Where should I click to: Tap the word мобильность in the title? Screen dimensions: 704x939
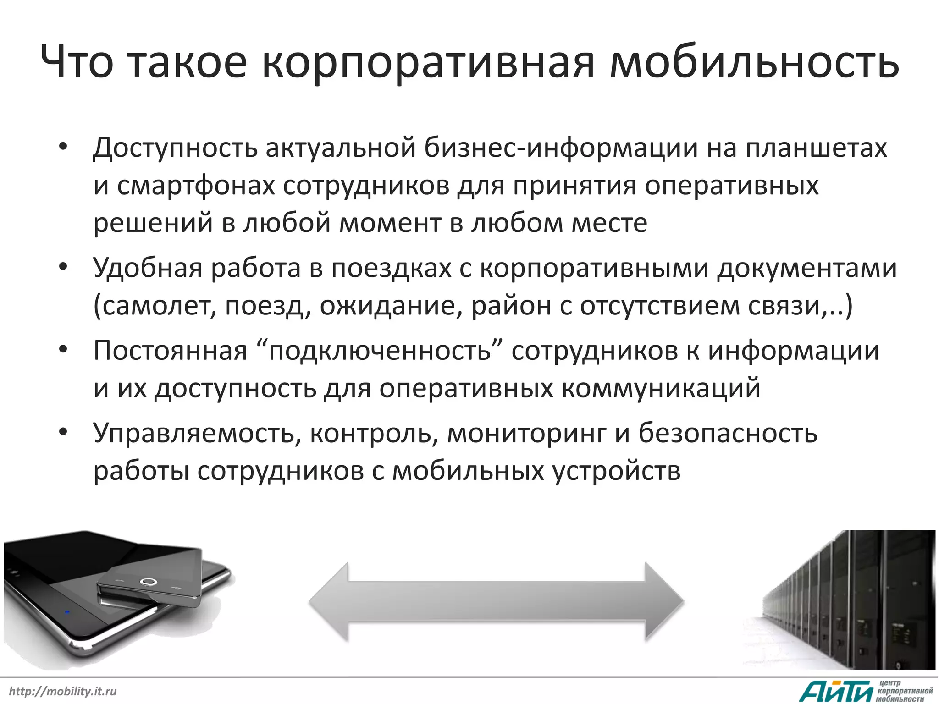(x=754, y=63)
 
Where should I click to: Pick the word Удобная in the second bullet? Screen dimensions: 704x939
(x=147, y=268)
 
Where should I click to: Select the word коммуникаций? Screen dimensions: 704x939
(x=661, y=388)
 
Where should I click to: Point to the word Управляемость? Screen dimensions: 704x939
(x=193, y=433)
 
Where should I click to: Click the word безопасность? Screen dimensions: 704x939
(x=728, y=433)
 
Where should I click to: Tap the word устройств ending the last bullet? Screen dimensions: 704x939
(x=617, y=471)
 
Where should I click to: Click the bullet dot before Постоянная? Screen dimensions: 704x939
(x=63, y=351)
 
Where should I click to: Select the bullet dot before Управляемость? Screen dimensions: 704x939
(x=63, y=433)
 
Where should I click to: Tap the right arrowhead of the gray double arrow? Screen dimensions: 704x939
(x=664, y=601)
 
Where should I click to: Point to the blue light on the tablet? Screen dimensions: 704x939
(x=67, y=612)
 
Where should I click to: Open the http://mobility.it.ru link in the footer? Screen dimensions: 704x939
(x=63, y=691)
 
